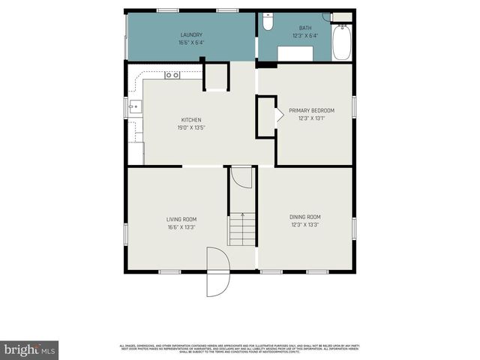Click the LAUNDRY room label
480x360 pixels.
[x=191, y=34]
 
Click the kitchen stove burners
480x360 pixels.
[x=172, y=74]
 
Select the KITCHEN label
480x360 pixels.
[x=191, y=119]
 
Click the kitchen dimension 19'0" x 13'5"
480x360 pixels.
[x=191, y=127]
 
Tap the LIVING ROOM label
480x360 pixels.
[x=181, y=219]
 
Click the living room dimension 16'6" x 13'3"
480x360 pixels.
[x=181, y=226]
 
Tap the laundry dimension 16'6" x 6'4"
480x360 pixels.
[x=191, y=42]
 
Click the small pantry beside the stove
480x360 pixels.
[x=215, y=77]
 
